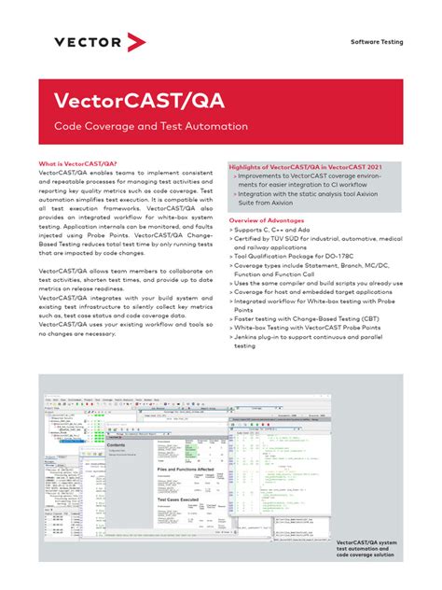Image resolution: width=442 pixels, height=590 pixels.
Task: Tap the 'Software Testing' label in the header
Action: [x=377, y=43]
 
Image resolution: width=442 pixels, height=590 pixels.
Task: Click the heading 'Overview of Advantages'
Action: [x=267, y=220]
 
